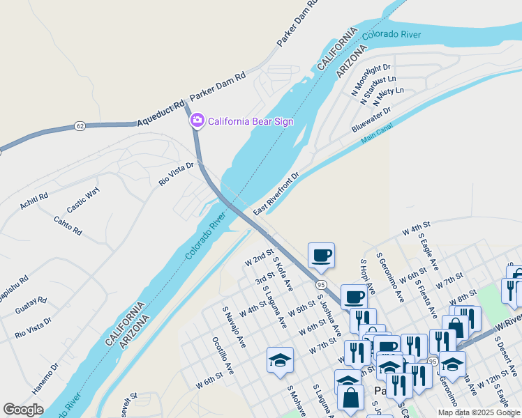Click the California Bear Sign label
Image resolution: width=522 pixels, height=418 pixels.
click(251, 121)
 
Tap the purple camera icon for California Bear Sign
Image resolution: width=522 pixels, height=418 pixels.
click(197, 121)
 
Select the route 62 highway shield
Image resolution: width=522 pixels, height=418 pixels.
click(80, 126)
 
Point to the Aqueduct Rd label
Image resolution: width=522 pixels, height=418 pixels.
click(159, 113)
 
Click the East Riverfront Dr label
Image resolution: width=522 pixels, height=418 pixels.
click(276, 193)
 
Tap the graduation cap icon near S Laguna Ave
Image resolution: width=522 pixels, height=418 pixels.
click(280, 360)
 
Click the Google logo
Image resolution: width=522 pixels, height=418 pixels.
click(23, 410)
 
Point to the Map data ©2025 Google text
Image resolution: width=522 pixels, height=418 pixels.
click(478, 412)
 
